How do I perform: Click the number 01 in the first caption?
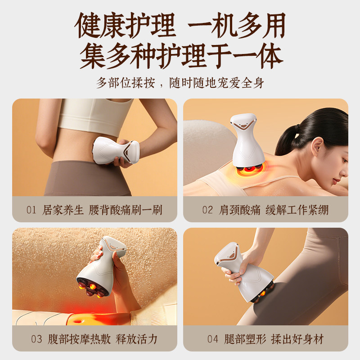click(31, 210)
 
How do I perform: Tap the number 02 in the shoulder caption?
click(207, 210)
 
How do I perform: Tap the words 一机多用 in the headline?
click(236, 26)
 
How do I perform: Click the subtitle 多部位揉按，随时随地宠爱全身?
click(180, 84)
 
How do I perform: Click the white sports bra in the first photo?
click(95, 115)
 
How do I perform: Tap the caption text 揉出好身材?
click(297, 338)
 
